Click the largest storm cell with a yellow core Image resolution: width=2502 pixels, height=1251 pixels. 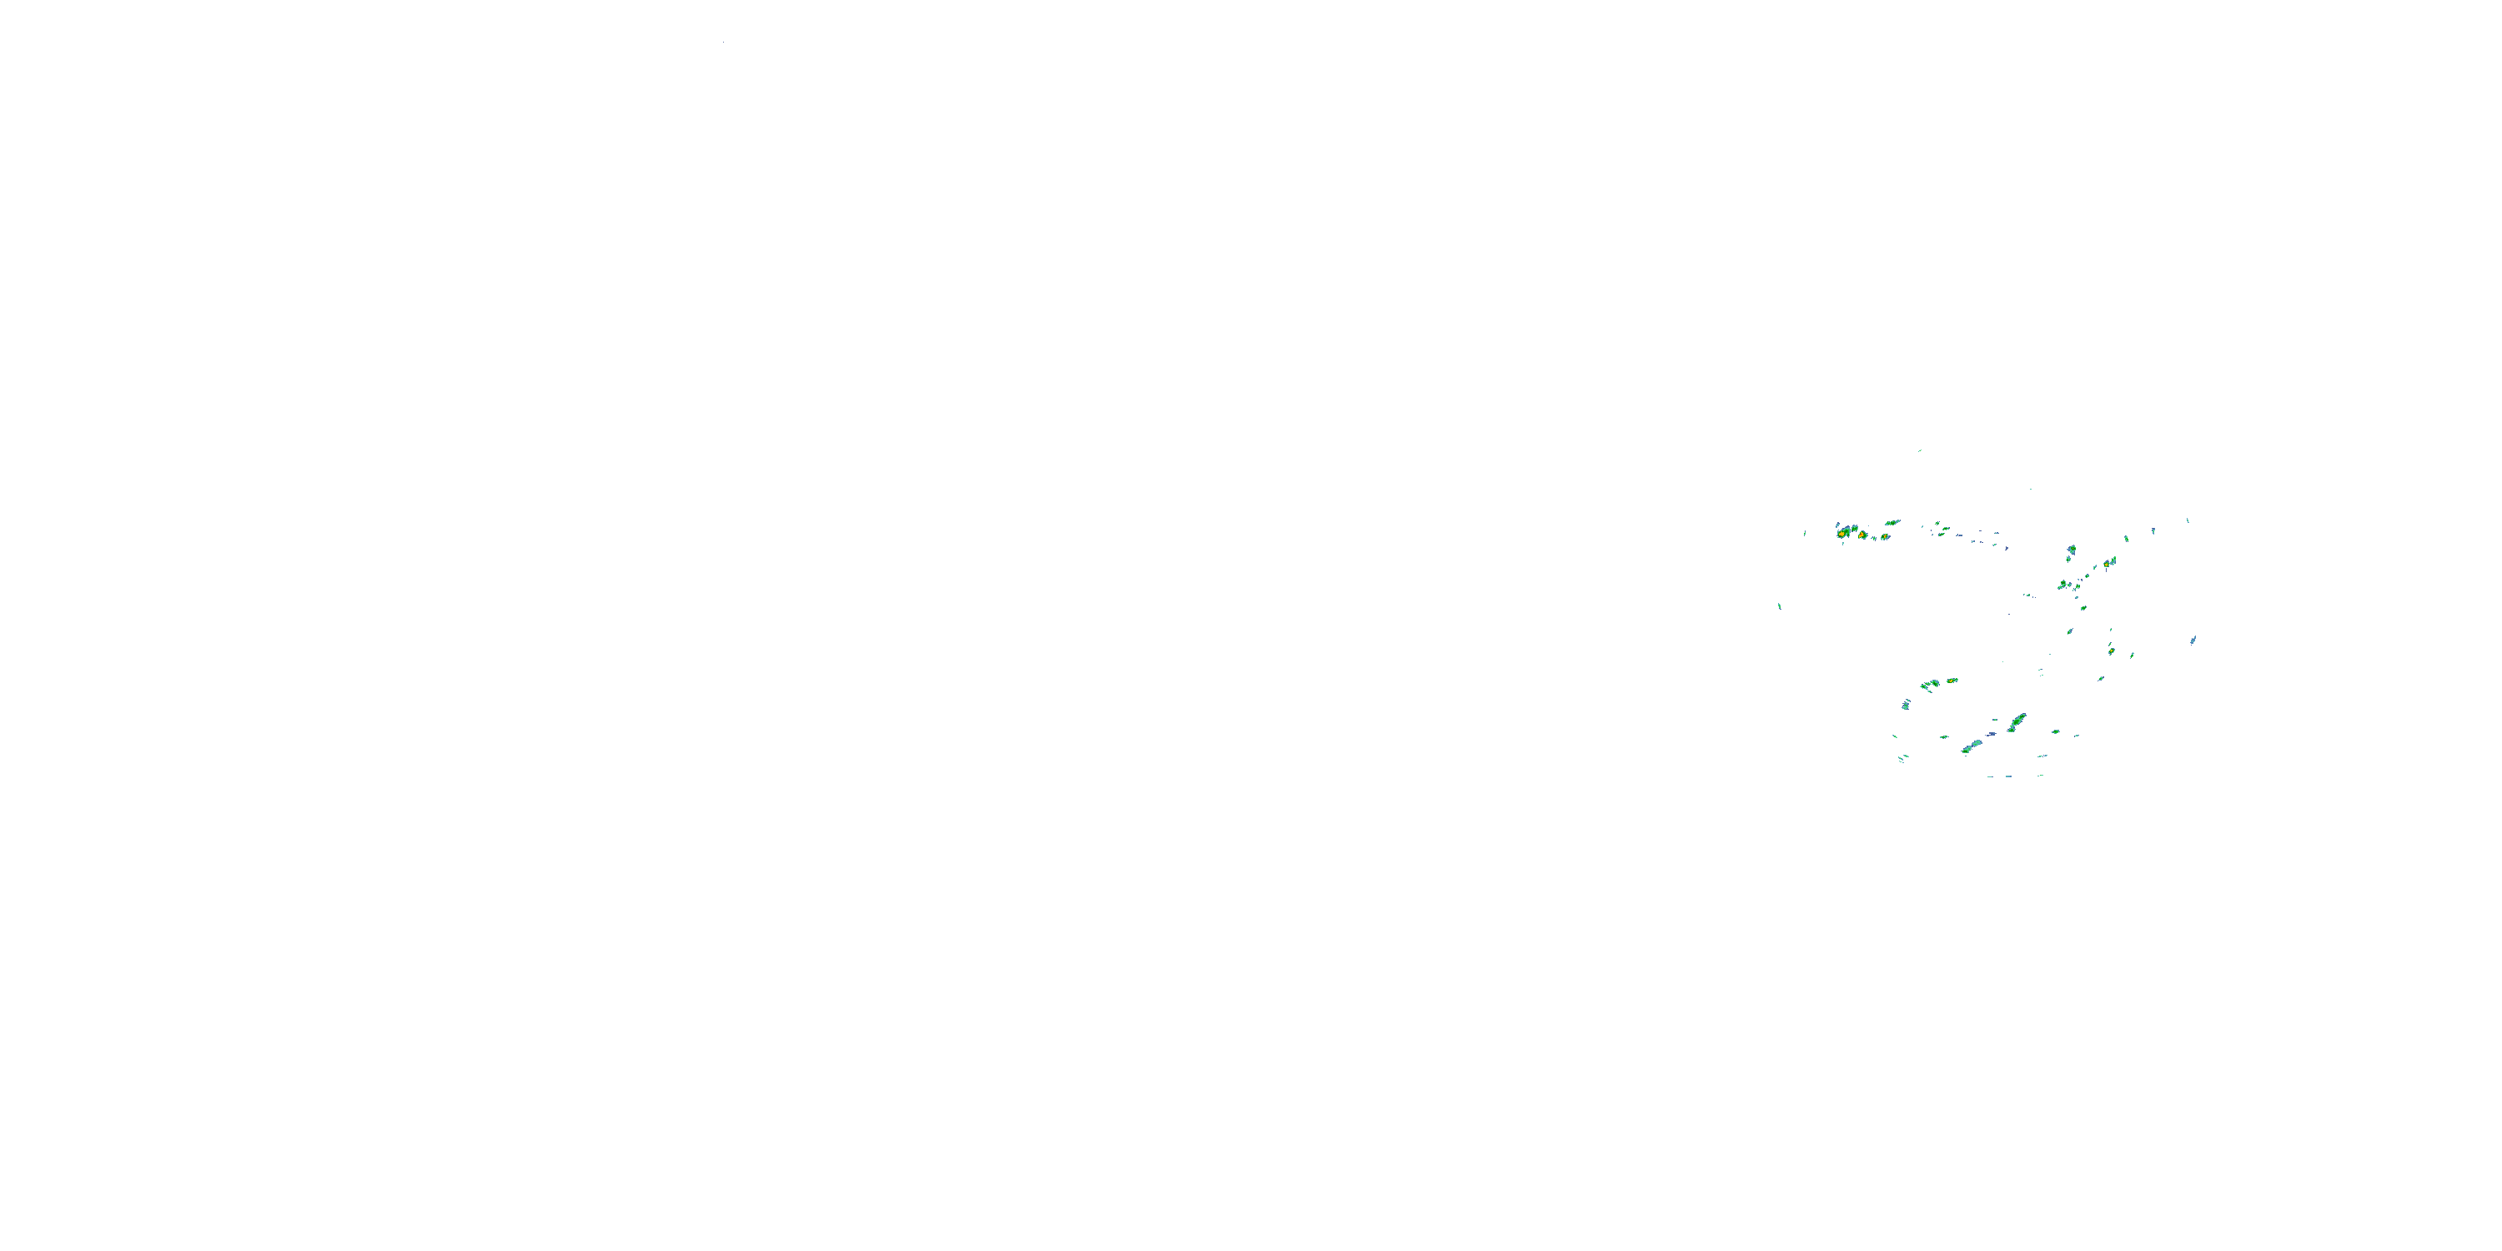coord(1843,533)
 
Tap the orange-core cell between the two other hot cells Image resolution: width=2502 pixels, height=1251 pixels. coord(1862,535)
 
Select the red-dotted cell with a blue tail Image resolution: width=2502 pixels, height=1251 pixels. coord(1885,537)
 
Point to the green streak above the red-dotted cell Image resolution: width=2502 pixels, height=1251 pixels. coord(1893,523)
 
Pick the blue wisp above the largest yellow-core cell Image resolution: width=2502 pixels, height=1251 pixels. coord(1837,525)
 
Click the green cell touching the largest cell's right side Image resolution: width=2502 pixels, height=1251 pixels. coord(1855,529)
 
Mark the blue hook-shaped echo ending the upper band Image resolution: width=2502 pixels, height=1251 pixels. coord(2007,549)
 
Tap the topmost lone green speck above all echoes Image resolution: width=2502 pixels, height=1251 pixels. coord(1920,450)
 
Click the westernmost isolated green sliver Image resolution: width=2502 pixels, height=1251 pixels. coord(1780,607)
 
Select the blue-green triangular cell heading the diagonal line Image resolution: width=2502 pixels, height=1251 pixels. coord(2072,550)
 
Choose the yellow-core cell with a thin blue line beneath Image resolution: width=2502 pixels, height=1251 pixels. coord(2107,565)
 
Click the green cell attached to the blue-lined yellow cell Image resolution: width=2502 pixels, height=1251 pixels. coord(2114,560)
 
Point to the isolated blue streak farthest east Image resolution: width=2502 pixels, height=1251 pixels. coord(2193,640)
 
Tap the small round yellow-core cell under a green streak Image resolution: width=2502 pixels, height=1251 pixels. coord(2112,651)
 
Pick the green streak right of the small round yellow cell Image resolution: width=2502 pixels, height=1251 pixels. coord(2132,656)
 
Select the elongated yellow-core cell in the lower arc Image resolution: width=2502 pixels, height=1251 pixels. coord(1952,681)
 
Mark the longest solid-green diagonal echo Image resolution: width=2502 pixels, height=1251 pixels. coord(2017,721)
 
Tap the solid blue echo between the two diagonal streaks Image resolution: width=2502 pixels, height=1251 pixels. coord(1992,734)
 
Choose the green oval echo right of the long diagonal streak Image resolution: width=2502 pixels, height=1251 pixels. coord(2056,732)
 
